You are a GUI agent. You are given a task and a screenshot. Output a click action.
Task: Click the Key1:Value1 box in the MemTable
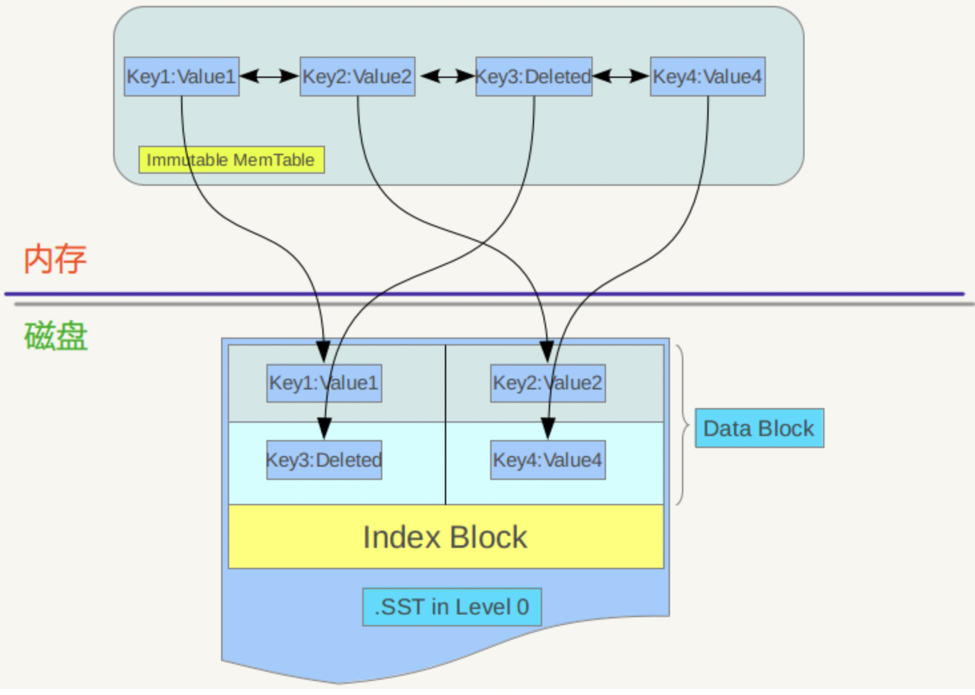[181, 77]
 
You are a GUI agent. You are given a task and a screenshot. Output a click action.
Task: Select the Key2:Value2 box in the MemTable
[358, 77]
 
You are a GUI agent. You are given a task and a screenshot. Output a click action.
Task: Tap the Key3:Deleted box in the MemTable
[533, 77]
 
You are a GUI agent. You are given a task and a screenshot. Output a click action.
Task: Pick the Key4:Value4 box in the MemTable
[707, 77]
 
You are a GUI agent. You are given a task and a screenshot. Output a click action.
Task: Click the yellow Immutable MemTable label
[231, 160]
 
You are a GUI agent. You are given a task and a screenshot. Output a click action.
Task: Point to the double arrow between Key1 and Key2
[269, 77]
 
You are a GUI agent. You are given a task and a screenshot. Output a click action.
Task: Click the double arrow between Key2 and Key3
[446, 77]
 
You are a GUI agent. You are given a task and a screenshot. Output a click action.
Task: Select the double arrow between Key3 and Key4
[621, 77]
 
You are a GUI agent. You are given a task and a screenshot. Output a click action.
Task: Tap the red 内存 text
[55, 259]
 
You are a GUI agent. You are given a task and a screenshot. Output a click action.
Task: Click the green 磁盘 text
[56, 336]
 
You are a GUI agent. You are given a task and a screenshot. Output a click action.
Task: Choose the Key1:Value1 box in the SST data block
[324, 383]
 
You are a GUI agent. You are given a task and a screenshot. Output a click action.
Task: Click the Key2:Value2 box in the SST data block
[547, 383]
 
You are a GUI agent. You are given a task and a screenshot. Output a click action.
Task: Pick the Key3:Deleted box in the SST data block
[324, 460]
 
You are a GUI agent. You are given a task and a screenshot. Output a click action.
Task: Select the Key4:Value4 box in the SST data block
[547, 460]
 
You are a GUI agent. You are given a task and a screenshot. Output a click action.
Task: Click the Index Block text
[445, 537]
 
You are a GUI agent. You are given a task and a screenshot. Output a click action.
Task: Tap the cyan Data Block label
[759, 428]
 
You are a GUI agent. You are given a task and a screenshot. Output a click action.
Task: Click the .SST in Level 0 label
[452, 607]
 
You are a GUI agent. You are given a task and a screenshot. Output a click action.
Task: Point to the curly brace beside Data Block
[683, 425]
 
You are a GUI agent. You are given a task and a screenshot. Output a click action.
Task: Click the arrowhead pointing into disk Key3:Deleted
[324, 428]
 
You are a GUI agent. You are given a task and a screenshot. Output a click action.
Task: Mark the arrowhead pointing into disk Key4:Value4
[548, 428]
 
